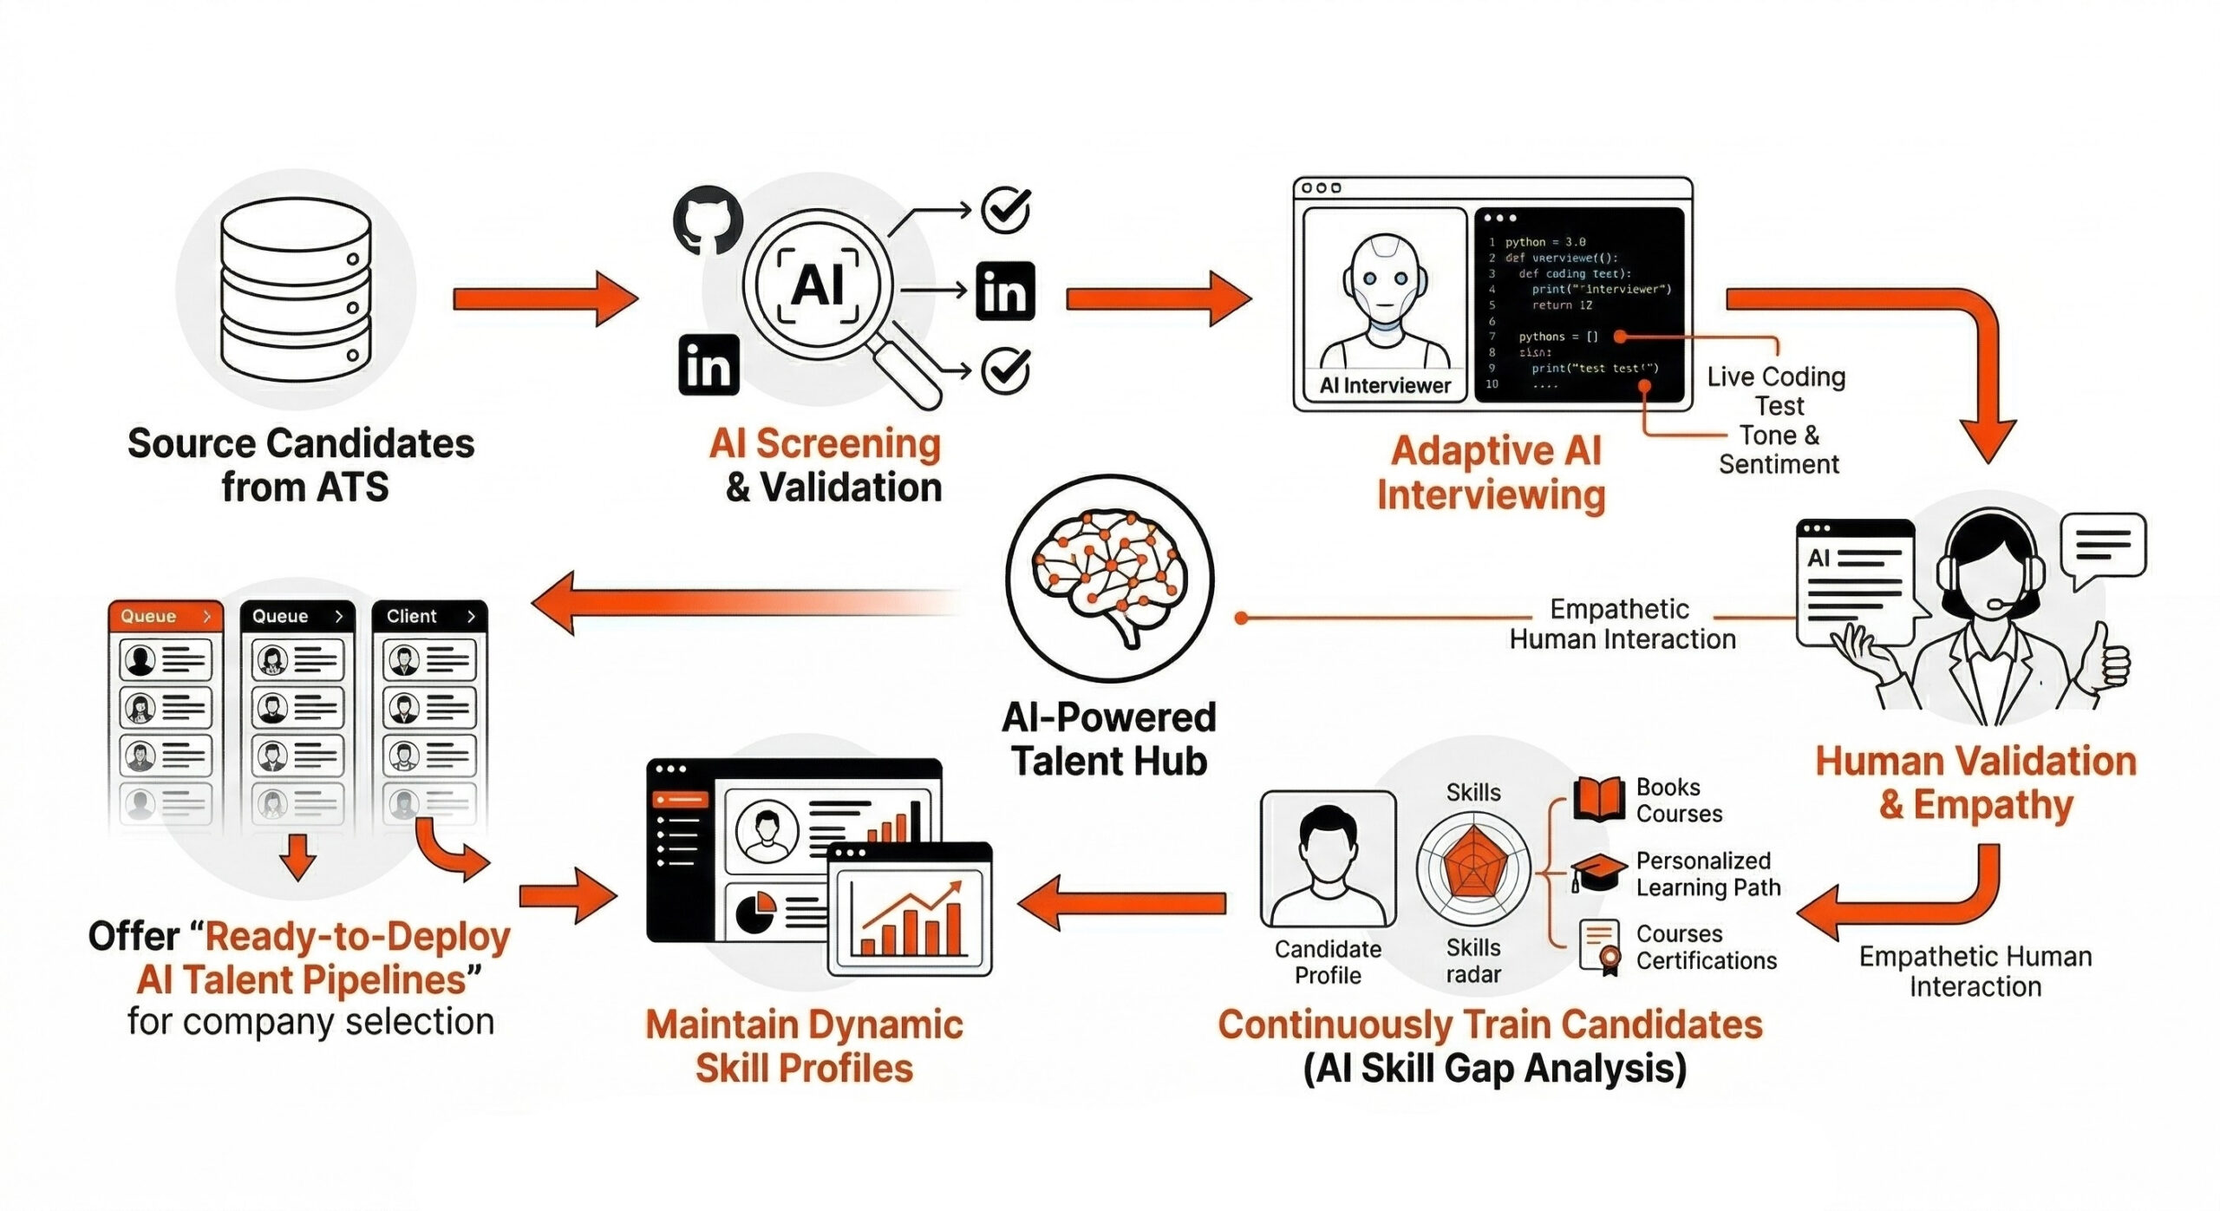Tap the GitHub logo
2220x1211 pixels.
point(708,219)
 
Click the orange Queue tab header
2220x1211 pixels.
point(165,616)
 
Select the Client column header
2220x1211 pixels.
point(429,616)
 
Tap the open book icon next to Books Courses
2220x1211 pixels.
point(1598,799)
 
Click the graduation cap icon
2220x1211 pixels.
point(1598,872)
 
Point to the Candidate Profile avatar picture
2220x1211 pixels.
point(1328,858)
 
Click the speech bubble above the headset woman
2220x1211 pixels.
point(2103,547)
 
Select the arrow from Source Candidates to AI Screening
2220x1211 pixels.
point(545,298)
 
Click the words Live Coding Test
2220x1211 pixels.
point(1777,391)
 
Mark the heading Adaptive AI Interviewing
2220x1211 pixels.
point(1492,474)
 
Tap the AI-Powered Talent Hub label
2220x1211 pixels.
point(1109,739)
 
